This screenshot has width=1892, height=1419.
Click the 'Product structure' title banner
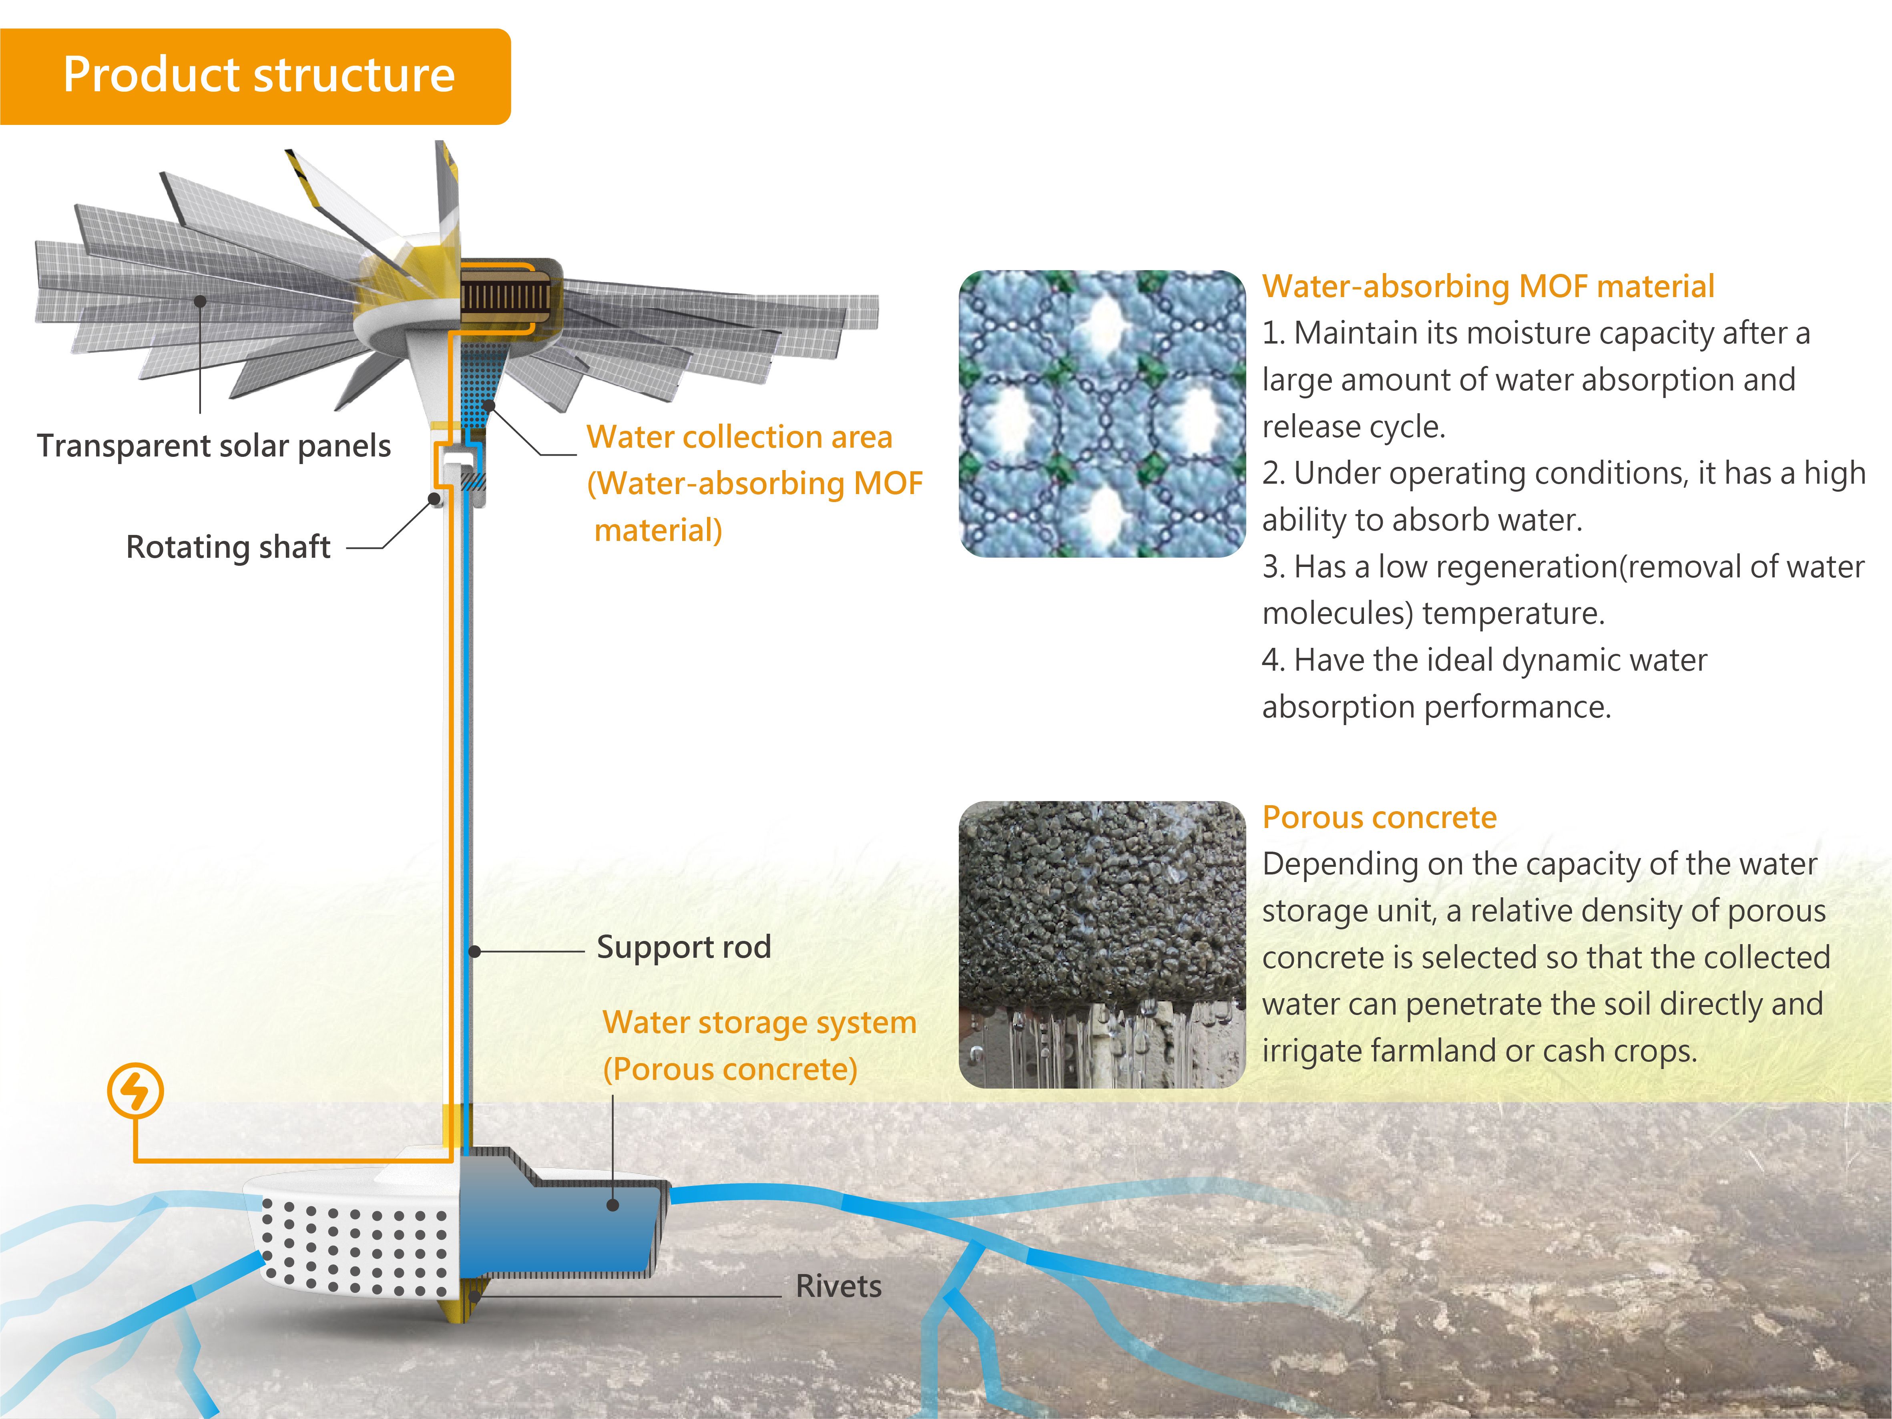257,75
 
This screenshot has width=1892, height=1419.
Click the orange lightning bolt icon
135,1091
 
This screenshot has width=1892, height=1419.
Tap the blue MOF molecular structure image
1102,414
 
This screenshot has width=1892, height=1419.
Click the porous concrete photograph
1102,944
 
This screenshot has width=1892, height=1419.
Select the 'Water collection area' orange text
739,437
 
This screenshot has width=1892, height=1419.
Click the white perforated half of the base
351,1240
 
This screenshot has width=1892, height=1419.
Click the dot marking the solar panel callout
200,301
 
